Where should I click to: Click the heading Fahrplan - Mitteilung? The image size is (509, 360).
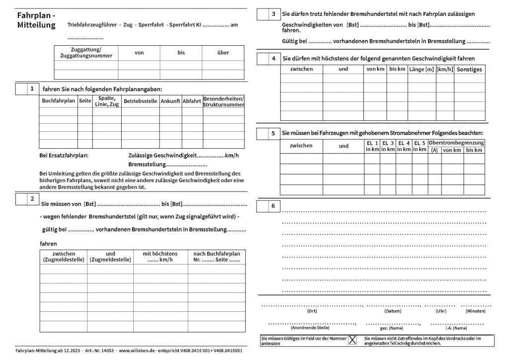(x=36, y=20)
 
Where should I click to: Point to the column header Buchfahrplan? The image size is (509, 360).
(x=58, y=101)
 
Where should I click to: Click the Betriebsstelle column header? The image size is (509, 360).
(x=140, y=101)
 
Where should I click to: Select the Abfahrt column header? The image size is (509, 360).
(x=192, y=101)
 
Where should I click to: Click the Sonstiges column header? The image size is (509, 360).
(x=469, y=70)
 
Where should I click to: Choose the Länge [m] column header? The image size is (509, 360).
(x=422, y=69)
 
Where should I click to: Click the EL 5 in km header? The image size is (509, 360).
(x=420, y=146)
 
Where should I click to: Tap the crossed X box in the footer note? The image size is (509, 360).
(x=352, y=340)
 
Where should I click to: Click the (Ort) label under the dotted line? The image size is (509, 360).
(x=312, y=311)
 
